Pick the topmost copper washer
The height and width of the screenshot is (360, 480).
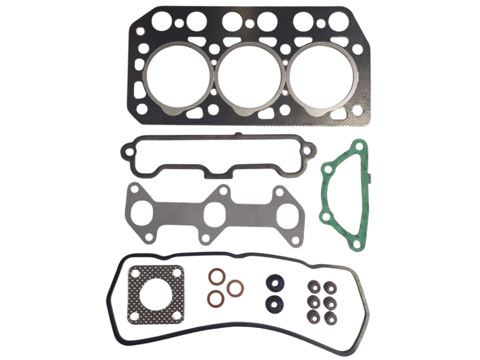[x=216, y=277]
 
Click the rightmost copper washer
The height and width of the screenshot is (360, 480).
[x=234, y=287]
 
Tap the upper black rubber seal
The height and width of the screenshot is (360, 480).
[x=274, y=283]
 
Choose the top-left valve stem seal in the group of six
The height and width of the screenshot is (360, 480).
[x=313, y=285]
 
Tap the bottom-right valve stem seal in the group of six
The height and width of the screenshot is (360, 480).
[x=330, y=317]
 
